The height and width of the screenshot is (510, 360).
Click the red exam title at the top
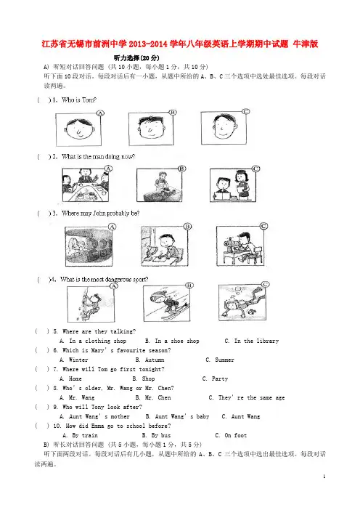pyautogui.click(x=180, y=44)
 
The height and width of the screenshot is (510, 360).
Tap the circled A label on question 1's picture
pyautogui.click(x=100, y=113)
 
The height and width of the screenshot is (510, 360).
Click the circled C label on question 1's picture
pyautogui.click(x=246, y=112)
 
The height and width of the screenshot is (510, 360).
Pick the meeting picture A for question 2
pyautogui.click(x=86, y=185)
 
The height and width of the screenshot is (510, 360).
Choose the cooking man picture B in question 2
pyautogui.click(x=160, y=185)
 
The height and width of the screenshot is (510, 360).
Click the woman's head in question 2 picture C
pyautogui.click(x=241, y=178)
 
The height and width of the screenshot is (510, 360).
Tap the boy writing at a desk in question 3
pyautogui.click(x=165, y=246)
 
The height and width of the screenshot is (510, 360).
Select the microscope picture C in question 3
pyautogui.click(x=240, y=246)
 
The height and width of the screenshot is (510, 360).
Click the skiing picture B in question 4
pyautogui.click(x=167, y=303)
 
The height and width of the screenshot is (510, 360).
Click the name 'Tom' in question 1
pyautogui.click(x=89, y=100)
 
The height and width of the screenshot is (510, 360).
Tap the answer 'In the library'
pyautogui.click(x=257, y=341)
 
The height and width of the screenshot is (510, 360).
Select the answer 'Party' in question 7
pyautogui.click(x=220, y=379)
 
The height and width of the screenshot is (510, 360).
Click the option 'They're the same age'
pyautogui.click(x=251, y=397)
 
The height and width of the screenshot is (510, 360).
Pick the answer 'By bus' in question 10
pyautogui.click(x=161, y=435)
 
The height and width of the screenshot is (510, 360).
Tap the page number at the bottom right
pyautogui.click(x=324, y=477)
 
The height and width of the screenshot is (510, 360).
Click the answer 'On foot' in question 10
pyautogui.click(x=236, y=435)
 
